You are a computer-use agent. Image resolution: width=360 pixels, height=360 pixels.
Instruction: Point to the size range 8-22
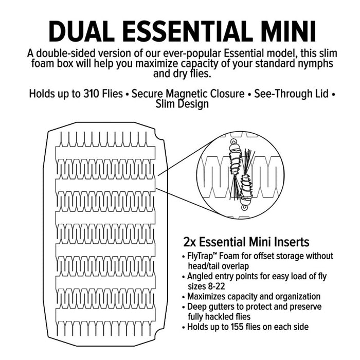click(212, 286)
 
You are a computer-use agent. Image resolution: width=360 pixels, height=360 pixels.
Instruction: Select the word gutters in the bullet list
click(221, 307)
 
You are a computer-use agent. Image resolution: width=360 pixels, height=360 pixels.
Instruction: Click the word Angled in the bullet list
click(199, 276)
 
